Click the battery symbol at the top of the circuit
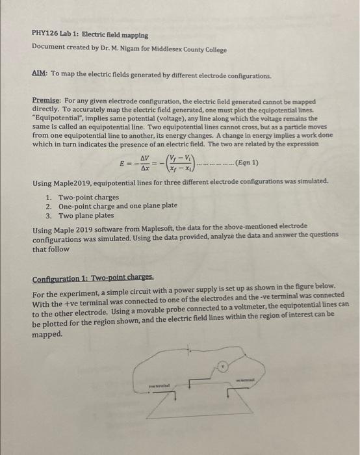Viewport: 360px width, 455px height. point(189,350)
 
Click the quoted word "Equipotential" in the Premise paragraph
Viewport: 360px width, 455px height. point(57,120)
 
